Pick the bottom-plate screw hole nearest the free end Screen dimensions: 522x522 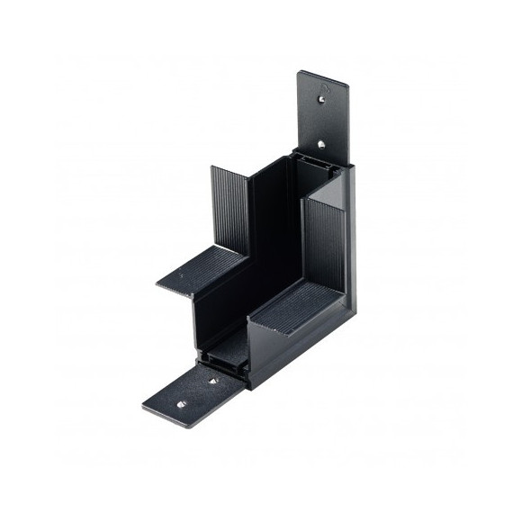[x=178, y=404]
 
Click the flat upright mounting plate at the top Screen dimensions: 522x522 [x=321, y=112]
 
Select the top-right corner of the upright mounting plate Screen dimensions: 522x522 [x=347, y=86]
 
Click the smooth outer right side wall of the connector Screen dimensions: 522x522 [x=350, y=243]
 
